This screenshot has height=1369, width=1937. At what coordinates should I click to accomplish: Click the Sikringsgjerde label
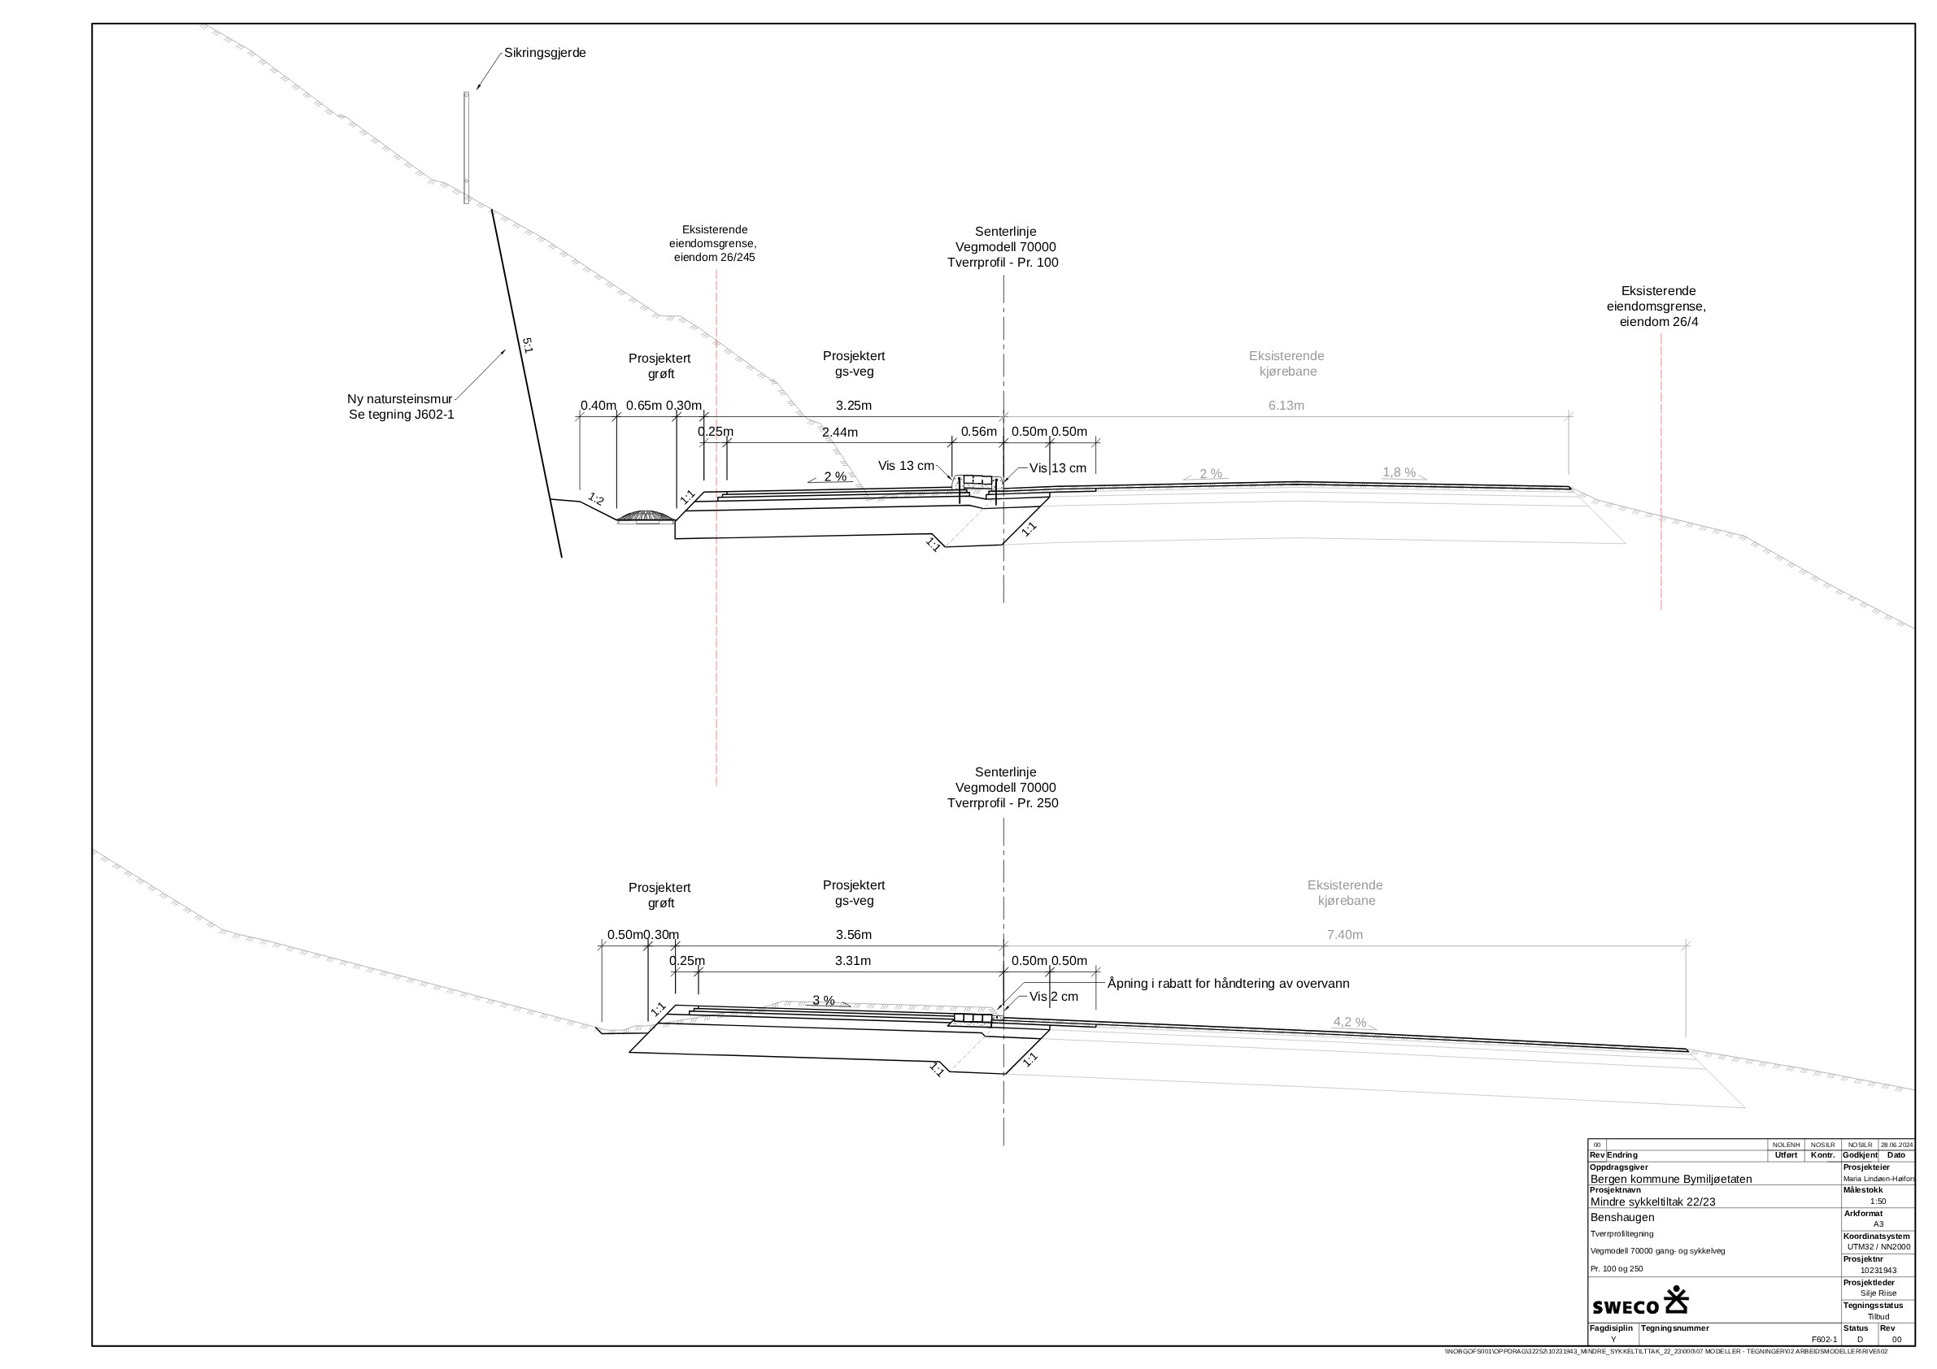point(544,53)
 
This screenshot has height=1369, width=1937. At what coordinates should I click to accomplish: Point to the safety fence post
point(466,148)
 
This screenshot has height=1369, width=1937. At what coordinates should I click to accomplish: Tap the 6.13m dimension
point(1286,406)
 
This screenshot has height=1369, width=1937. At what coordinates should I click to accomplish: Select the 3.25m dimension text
point(853,406)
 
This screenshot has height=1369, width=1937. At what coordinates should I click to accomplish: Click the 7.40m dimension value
point(1344,935)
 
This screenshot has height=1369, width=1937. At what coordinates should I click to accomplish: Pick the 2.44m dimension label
point(839,432)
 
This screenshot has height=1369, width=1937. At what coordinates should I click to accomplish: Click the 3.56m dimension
point(853,935)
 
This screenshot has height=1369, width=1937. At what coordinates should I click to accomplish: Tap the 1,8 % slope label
point(1398,472)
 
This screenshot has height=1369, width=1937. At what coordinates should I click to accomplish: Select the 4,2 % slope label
point(1349,1023)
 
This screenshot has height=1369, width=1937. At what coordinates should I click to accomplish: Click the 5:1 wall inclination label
point(527,345)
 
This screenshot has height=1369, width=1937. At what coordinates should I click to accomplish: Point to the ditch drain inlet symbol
point(646,516)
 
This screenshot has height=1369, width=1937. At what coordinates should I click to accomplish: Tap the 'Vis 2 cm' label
point(1053,997)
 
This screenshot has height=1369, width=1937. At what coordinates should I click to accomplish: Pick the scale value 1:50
point(1878,1202)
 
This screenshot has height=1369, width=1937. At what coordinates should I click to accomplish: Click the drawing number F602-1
point(1823,1340)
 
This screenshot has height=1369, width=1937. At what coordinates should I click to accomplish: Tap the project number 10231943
point(1878,1271)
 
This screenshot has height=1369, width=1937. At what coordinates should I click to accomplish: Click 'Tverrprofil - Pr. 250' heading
point(1002,803)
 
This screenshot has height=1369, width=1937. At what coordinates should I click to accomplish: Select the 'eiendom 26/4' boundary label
point(1658,322)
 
